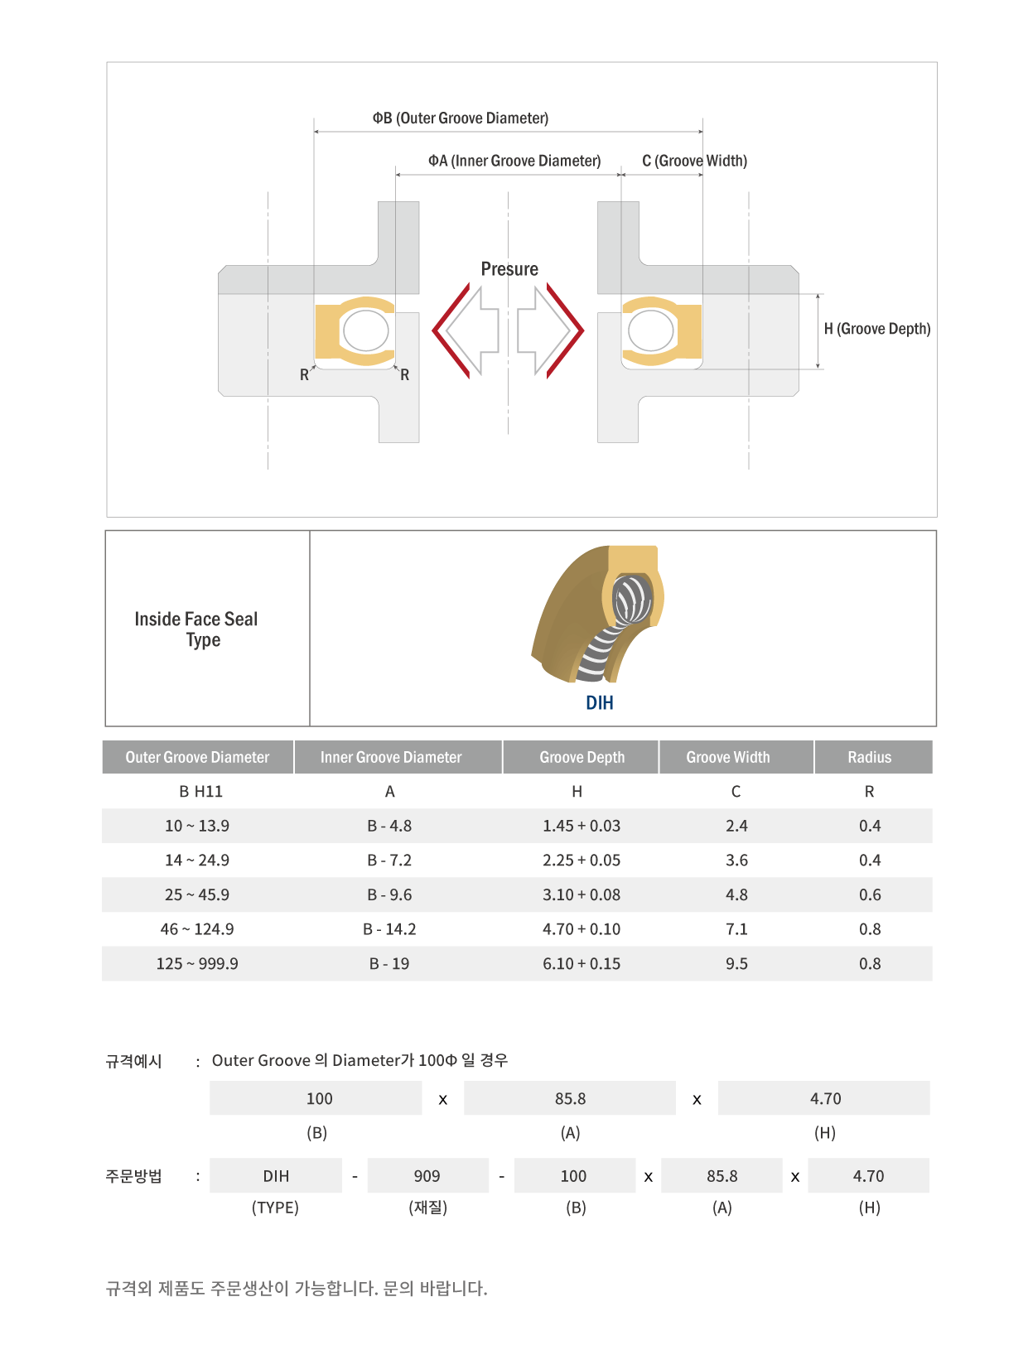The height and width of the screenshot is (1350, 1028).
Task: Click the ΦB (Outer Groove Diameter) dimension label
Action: [x=460, y=118]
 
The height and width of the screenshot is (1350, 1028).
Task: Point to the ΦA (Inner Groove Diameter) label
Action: [x=514, y=161]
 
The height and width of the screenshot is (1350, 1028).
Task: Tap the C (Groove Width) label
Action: [x=694, y=161]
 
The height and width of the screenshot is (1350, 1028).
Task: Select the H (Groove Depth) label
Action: [x=876, y=329]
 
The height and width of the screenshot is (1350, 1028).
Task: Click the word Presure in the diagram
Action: [x=509, y=269]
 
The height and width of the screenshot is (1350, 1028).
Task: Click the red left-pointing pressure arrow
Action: [x=451, y=330]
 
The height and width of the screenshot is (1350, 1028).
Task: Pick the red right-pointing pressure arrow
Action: [x=565, y=330]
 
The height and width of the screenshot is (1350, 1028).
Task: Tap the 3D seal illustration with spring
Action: [x=596, y=613]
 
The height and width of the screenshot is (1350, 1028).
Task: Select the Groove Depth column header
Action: [x=582, y=756]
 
